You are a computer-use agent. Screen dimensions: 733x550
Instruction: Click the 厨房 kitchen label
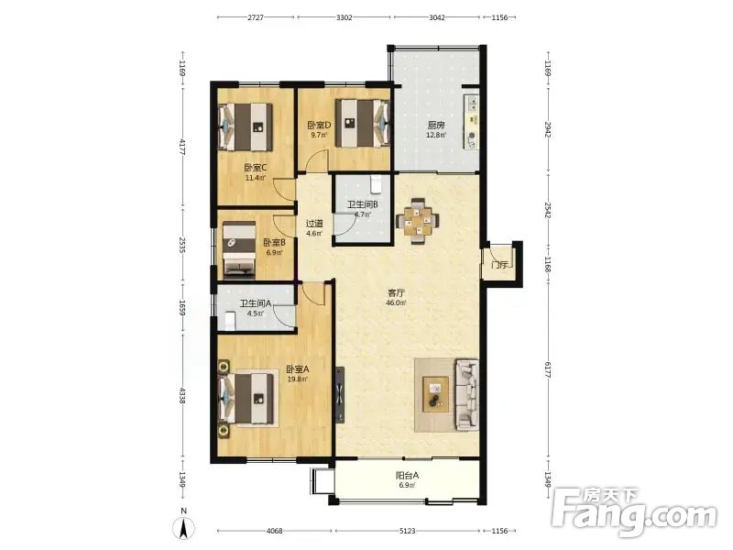(436, 126)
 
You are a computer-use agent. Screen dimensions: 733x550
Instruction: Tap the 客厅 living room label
(396, 293)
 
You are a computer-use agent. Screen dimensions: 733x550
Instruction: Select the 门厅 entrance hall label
(499, 265)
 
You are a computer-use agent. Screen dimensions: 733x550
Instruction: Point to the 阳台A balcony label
(407, 476)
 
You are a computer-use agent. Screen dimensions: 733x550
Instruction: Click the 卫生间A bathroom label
(256, 303)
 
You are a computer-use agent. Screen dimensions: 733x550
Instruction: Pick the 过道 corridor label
(314, 224)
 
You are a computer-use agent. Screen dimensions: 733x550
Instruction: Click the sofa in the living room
(467, 394)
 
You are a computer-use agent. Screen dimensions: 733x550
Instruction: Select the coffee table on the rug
(436, 394)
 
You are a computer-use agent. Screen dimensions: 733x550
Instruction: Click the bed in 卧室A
(247, 398)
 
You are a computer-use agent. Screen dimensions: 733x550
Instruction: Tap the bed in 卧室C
(246, 126)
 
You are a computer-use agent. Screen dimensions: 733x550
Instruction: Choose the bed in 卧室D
(363, 123)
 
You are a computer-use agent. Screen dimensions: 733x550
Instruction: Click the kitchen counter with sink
(471, 122)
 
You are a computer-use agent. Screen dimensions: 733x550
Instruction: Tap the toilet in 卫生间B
(377, 184)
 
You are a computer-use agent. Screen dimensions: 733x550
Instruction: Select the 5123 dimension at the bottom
(408, 531)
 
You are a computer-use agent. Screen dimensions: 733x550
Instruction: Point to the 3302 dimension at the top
(345, 17)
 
